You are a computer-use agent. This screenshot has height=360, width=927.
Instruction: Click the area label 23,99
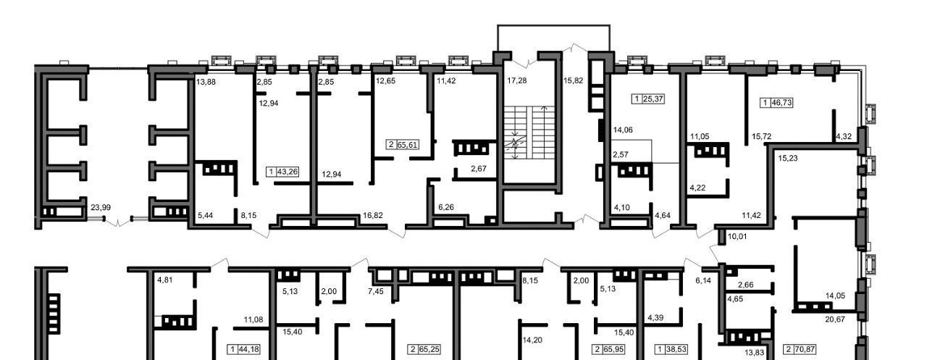101,207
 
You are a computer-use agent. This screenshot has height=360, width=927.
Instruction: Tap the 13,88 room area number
206,82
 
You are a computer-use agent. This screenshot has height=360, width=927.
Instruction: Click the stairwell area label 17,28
517,80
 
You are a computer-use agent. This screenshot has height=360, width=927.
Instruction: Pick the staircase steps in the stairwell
529,133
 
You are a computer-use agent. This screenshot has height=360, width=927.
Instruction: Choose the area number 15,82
573,80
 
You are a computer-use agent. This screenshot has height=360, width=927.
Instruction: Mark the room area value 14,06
623,130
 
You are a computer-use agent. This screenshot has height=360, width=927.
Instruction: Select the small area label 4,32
844,136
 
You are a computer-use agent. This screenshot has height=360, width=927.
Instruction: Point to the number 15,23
787,158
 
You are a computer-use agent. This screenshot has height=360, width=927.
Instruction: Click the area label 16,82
372,215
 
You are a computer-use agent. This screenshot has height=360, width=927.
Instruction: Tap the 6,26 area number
446,207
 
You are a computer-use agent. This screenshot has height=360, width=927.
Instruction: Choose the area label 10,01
737,237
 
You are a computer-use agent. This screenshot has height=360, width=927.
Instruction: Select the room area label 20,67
835,319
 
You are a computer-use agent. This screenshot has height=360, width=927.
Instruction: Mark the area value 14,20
532,340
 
